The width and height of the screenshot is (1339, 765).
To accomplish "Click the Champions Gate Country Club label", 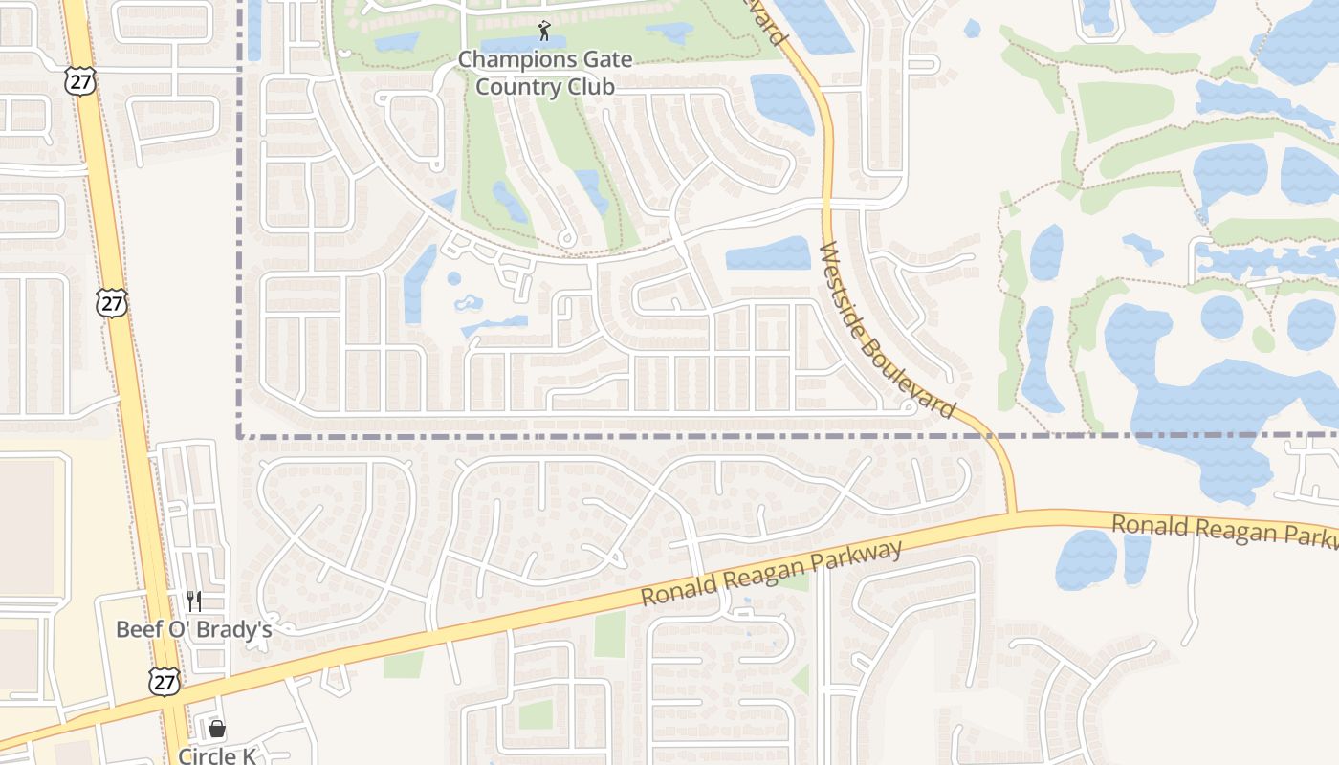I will tap(544, 73).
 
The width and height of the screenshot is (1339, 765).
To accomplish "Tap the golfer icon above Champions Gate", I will tap(545, 31).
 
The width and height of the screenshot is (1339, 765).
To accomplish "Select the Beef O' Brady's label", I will tap(194, 629).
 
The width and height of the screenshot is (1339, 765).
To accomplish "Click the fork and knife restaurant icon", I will tap(194, 601).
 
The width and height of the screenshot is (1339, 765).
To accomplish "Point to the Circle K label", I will tap(217, 755).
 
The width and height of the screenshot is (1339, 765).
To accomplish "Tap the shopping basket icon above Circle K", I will tap(217, 730).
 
